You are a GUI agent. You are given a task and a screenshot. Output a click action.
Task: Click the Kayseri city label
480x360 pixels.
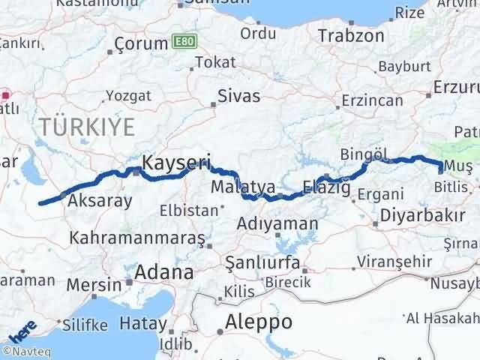click(x=175, y=161)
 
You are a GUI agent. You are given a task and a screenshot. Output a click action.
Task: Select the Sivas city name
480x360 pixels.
click(x=238, y=96)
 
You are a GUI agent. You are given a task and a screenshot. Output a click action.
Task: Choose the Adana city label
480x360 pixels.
click(x=163, y=271)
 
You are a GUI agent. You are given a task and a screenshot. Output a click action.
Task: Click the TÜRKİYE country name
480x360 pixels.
click(x=87, y=126)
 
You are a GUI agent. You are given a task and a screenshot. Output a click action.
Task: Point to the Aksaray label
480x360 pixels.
click(x=100, y=200)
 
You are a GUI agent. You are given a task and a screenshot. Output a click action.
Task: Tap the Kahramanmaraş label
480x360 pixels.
click(x=136, y=238)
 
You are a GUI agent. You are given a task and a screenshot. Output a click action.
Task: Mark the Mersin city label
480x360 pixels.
click(x=94, y=285)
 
